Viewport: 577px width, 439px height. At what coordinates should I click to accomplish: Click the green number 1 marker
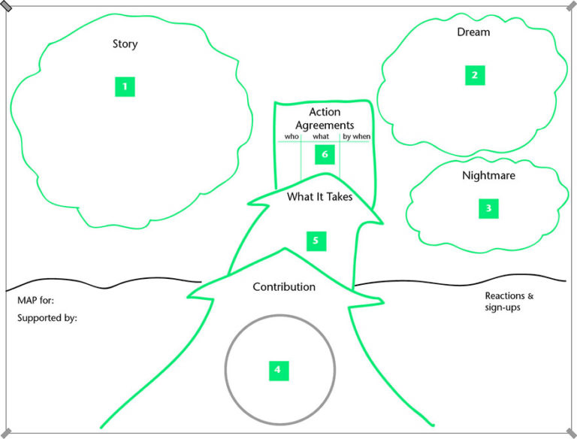[125, 86]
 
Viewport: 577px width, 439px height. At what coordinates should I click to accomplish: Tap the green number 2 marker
[474, 74]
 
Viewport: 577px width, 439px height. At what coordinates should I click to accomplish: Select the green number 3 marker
[488, 208]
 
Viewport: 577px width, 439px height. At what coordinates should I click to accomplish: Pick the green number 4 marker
[278, 369]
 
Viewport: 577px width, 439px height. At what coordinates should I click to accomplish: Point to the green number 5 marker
[316, 241]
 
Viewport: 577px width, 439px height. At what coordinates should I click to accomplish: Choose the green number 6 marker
[325, 154]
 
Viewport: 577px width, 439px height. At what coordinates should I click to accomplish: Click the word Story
[125, 44]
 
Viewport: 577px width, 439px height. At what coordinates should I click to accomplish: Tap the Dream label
[473, 32]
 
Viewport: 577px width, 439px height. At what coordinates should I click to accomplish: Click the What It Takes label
[320, 198]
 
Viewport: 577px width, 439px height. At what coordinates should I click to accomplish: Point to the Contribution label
[284, 287]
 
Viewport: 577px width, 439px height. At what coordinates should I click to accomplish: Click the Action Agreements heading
[325, 119]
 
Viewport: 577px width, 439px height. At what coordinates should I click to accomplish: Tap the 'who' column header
[292, 137]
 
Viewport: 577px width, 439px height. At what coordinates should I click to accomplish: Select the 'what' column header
[321, 137]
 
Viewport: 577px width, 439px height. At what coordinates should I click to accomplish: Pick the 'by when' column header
[355, 137]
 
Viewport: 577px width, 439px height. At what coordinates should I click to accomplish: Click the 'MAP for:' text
[35, 300]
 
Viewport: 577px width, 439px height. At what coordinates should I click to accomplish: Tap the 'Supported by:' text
[47, 318]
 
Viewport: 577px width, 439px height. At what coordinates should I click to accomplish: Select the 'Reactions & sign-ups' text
[508, 301]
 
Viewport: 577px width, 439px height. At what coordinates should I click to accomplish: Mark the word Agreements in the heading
[325, 126]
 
